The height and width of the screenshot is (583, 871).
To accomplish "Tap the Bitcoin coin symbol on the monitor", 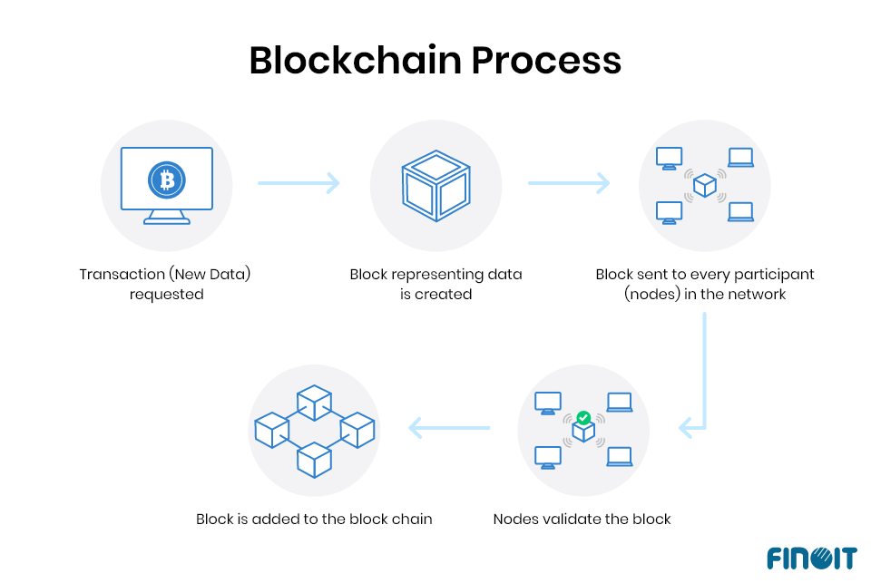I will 166,180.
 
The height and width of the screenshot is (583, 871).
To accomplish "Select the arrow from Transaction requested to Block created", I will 298,183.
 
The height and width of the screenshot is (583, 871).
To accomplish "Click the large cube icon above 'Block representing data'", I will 435,186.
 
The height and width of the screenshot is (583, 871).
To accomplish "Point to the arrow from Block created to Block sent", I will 569,183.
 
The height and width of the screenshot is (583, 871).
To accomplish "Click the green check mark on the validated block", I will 583,418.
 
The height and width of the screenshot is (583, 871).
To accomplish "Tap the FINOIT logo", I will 809,557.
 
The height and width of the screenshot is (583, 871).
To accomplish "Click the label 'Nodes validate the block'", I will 582,520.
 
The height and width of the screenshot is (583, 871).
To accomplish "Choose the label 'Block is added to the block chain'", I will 314,520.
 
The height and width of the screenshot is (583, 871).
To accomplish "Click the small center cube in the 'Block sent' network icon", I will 705,186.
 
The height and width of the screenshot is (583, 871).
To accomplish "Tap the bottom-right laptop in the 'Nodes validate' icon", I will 620,456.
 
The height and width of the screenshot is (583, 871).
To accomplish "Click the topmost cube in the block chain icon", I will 314,402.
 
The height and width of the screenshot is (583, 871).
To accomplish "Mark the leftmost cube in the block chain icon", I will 271,429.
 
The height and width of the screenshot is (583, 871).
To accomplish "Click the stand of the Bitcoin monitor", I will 167,218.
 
